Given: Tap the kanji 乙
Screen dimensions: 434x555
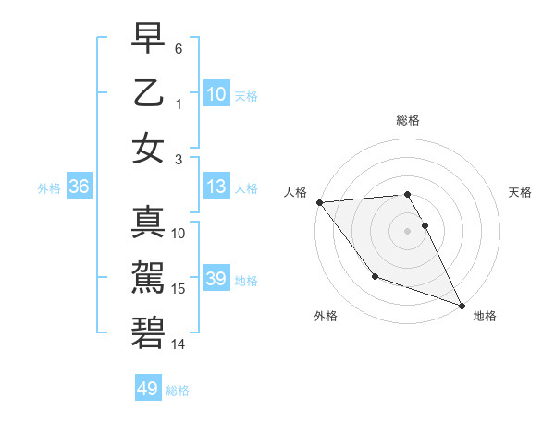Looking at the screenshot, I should (x=148, y=95).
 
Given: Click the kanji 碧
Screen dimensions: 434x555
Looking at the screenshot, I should (x=148, y=331).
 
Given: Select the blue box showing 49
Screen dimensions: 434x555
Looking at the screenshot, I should (x=148, y=389).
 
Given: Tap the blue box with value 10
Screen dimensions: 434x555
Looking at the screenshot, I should (x=216, y=94).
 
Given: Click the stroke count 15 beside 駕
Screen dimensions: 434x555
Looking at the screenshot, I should (x=179, y=289).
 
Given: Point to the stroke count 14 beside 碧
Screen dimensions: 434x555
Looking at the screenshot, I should (x=179, y=344).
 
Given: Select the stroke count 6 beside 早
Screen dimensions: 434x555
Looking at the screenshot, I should (x=179, y=48).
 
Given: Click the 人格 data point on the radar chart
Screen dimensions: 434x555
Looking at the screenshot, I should (x=319, y=202).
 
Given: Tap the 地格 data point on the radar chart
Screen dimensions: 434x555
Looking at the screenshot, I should (x=462, y=306).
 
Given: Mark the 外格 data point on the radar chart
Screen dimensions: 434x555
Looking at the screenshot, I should (x=375, y=276).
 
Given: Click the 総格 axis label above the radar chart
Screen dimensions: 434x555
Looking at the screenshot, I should (x=407, y=120).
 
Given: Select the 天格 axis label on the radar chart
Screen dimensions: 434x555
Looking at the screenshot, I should (x=520, y=192).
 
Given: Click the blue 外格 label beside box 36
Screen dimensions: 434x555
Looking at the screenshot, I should (x=49, y=188).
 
